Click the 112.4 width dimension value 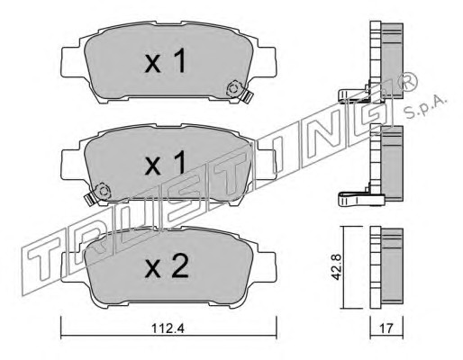(168, 329)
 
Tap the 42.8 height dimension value (337, 267)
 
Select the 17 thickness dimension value (386, 329)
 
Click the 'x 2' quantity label (167, 265)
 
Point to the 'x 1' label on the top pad (166, 61)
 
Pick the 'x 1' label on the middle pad (166, 163)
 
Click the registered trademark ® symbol (407, 82)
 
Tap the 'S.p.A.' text (426, 108)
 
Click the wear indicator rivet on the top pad (234, 89)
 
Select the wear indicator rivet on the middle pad (103, 191)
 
